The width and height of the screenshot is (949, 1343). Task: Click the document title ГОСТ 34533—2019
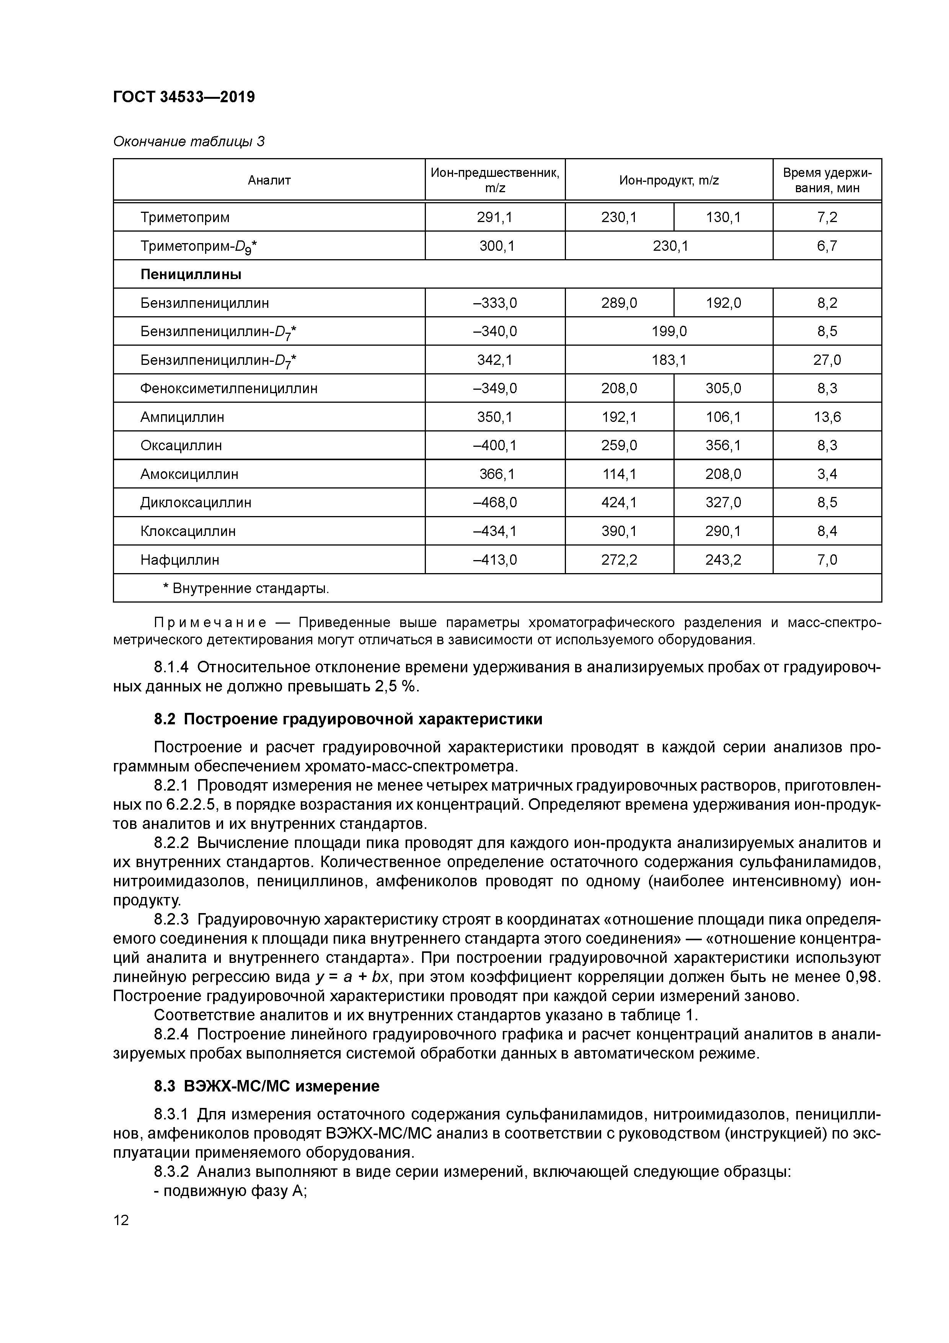(x=184, y=96)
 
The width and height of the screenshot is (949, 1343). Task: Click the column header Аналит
(x=269, y=180)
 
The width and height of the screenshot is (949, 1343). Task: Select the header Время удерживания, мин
(x=827, y=180)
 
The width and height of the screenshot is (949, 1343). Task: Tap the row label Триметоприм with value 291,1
(x=185, y=217)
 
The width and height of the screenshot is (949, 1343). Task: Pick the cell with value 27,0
(x=827, y=360)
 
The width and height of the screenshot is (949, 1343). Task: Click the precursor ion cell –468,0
(x=495, y=502)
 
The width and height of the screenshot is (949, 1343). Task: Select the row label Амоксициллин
(x=189, y=474)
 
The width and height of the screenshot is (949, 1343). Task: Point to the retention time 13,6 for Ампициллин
(x=827, y=417)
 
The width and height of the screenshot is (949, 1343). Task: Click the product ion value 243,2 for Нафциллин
(x=723, y=560)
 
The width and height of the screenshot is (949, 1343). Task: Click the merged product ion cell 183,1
(x=669, y=360)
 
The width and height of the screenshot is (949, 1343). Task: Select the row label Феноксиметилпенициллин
(x=228, y=389)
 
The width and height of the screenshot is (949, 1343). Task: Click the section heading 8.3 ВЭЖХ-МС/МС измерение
(x=267, y=1086)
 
